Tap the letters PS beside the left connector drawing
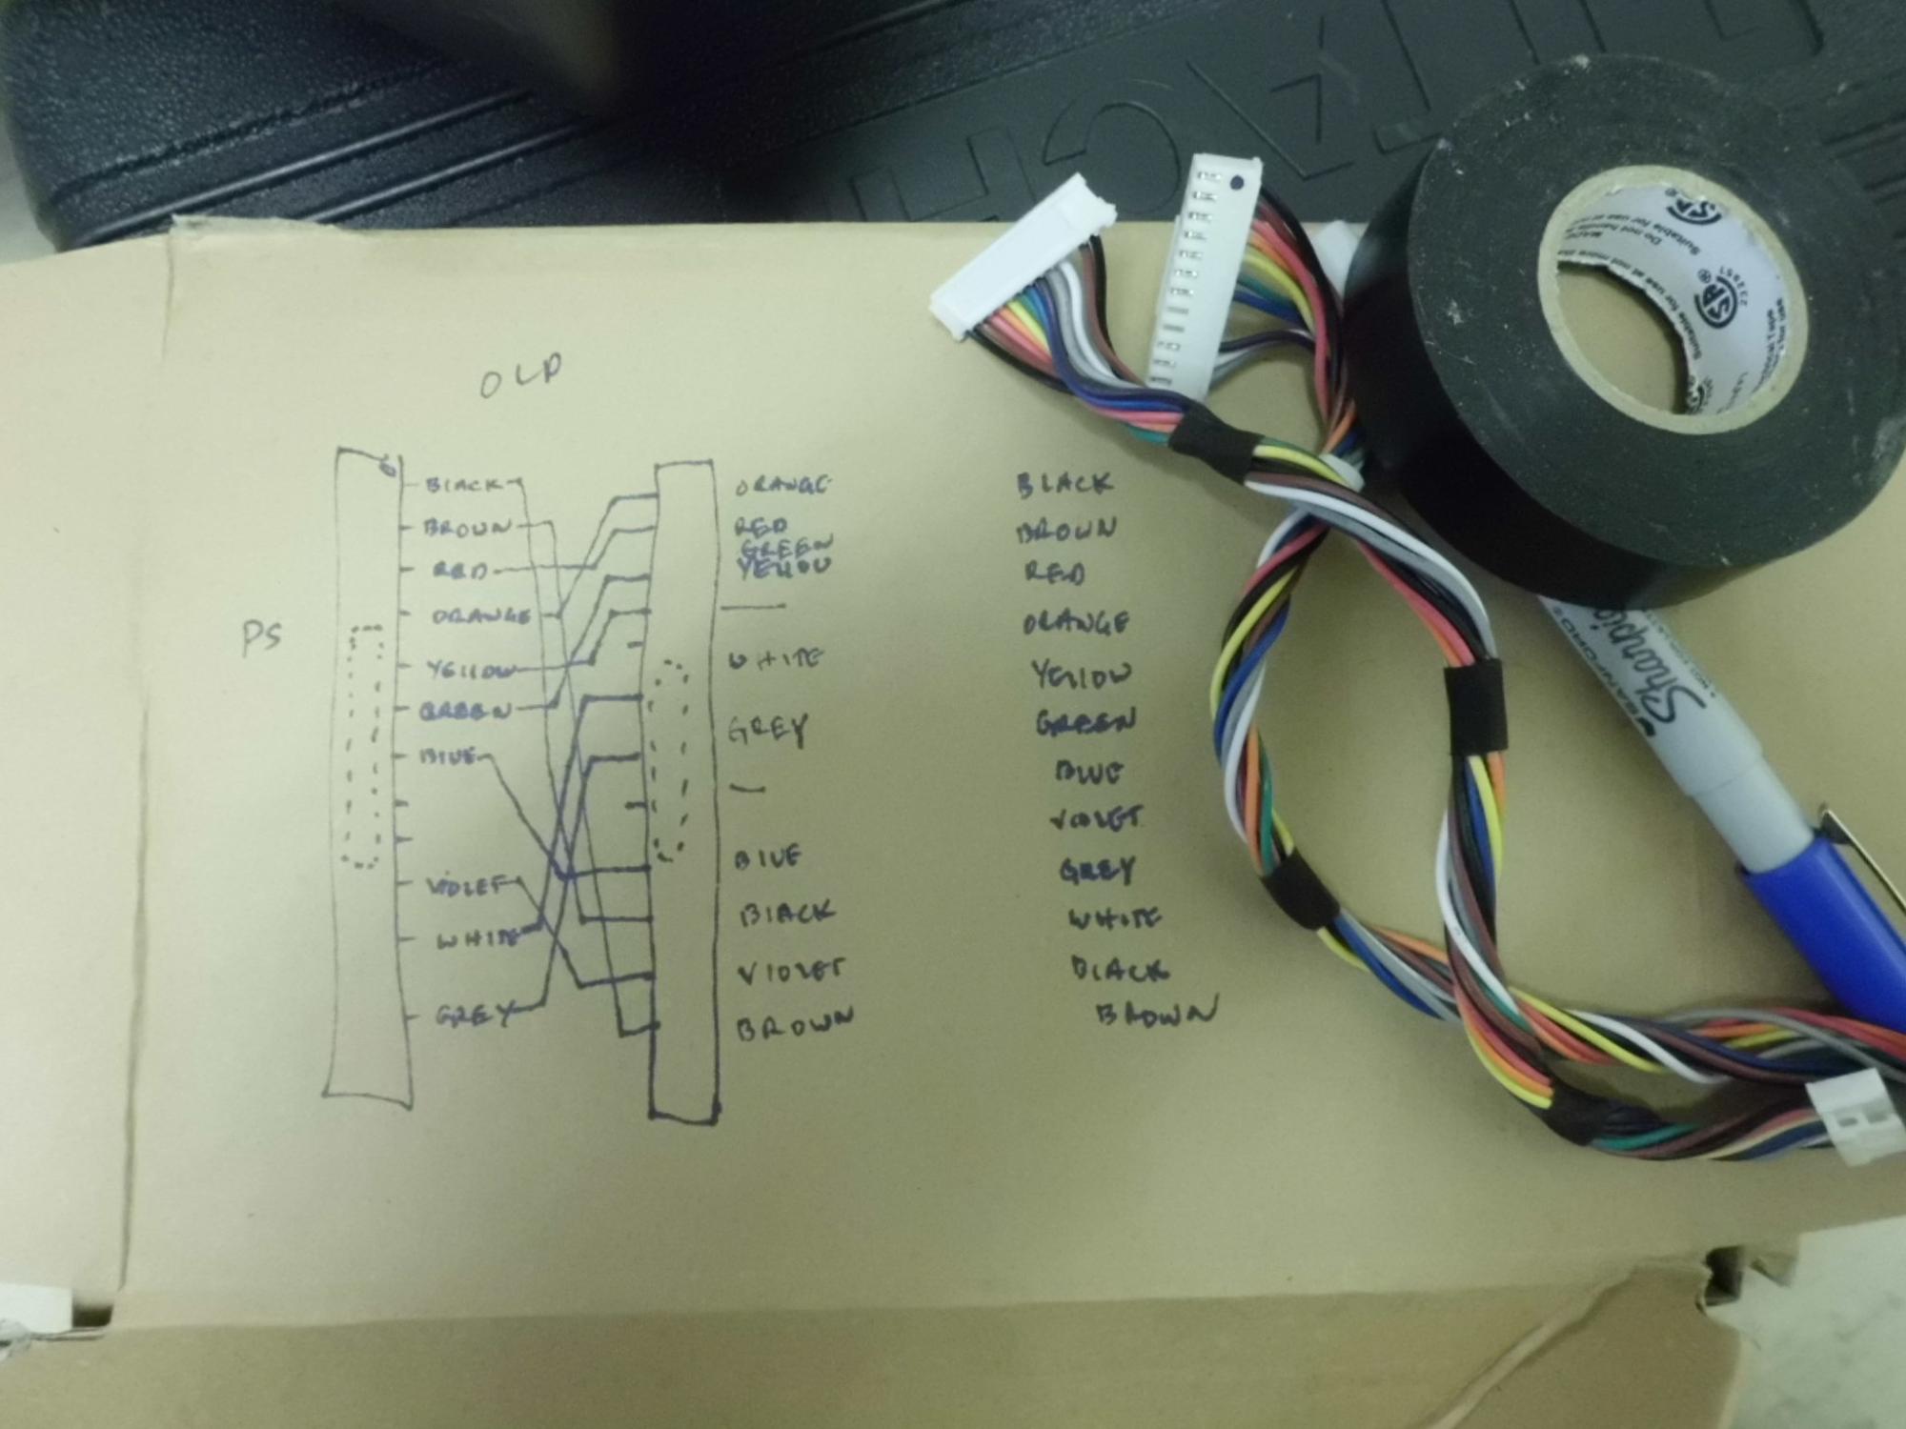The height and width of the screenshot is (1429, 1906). click(x=261, y=636)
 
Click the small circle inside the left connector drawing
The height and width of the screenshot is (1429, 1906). click(x=386, y=467)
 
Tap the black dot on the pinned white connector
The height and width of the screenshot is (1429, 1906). click(x=1236, y=182)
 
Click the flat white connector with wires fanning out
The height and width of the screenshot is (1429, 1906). click(x=1024, y=262)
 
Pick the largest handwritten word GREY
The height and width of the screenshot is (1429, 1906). click(x=767, y=732)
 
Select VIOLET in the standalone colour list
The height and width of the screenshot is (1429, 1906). click(x=1096, y=819)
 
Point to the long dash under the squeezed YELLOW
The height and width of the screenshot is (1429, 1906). click(x=754, y=606)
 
